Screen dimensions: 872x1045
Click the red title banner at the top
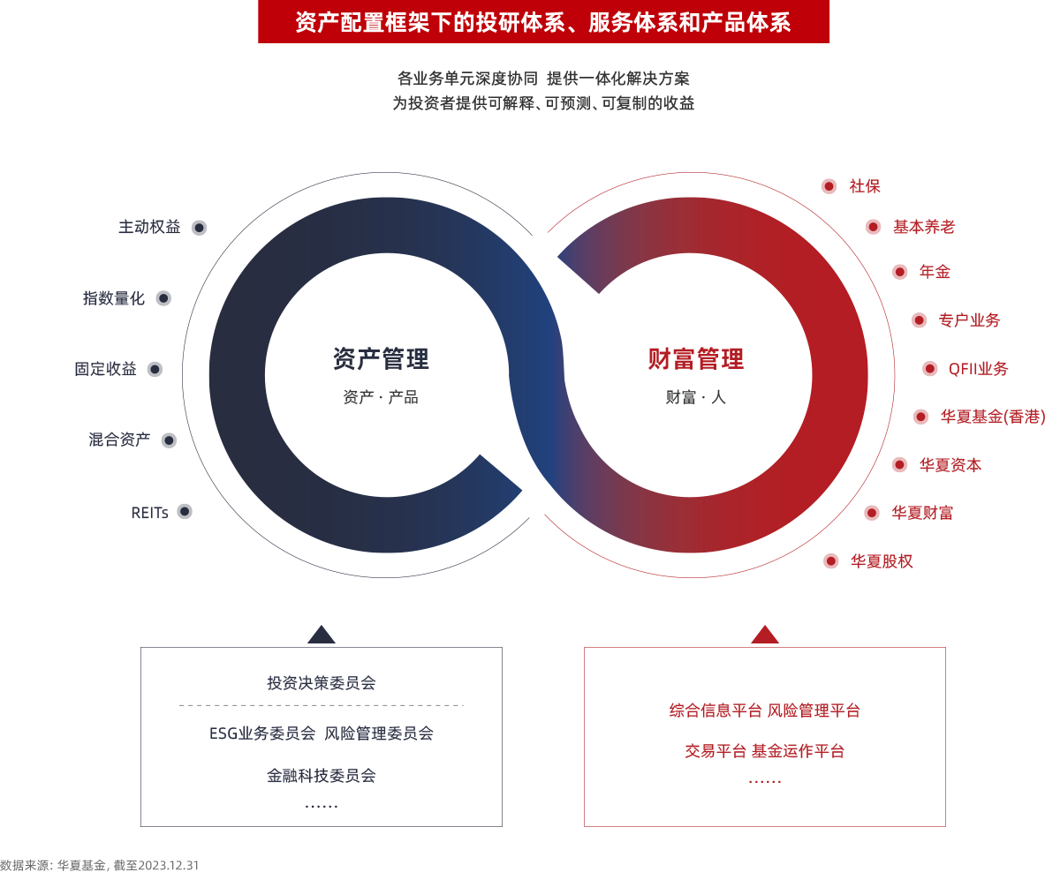(543, 22)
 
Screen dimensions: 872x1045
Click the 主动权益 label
(149, 227)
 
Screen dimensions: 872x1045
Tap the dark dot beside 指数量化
(163, 298)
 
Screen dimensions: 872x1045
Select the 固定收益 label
(105, 369)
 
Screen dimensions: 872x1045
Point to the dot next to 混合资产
(169, 440)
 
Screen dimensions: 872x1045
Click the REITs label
(149, 512)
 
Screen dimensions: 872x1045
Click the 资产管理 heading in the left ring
(381, 358)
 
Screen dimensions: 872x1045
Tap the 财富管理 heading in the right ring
(696, 358)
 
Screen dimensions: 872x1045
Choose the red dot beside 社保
(829, 186)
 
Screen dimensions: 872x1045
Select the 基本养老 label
(923, 227)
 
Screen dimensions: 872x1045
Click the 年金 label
(935, 272)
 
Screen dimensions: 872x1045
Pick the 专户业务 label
(969, 320)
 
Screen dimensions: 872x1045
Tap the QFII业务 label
(978, 369)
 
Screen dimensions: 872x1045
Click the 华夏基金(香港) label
(992, 417)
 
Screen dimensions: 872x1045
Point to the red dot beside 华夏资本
(899, 464)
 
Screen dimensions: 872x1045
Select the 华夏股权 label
(881, 560)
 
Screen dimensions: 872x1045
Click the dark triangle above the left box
(321, 635)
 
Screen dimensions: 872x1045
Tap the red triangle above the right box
(765, 635)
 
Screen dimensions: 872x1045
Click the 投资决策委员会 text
(322, 683)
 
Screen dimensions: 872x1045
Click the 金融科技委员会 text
(322, 776)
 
